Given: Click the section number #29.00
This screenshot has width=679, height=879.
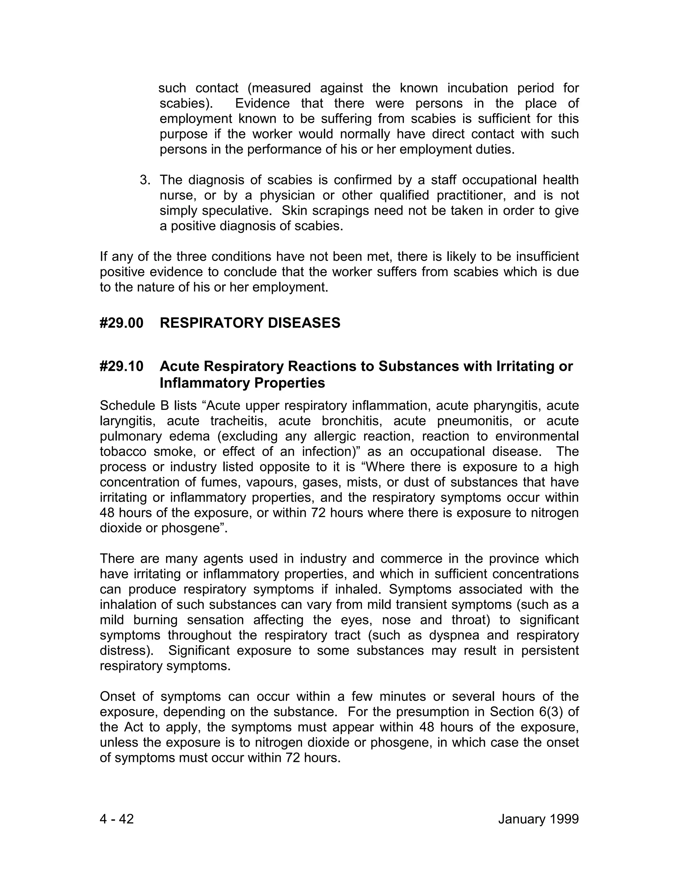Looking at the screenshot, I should [x=121, y=323].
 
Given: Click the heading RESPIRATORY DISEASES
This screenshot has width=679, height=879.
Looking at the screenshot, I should [x=250, y=323].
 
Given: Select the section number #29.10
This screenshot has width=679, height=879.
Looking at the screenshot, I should [x=121, y=366].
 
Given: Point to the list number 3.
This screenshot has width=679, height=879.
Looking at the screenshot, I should [x=145, y=180].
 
